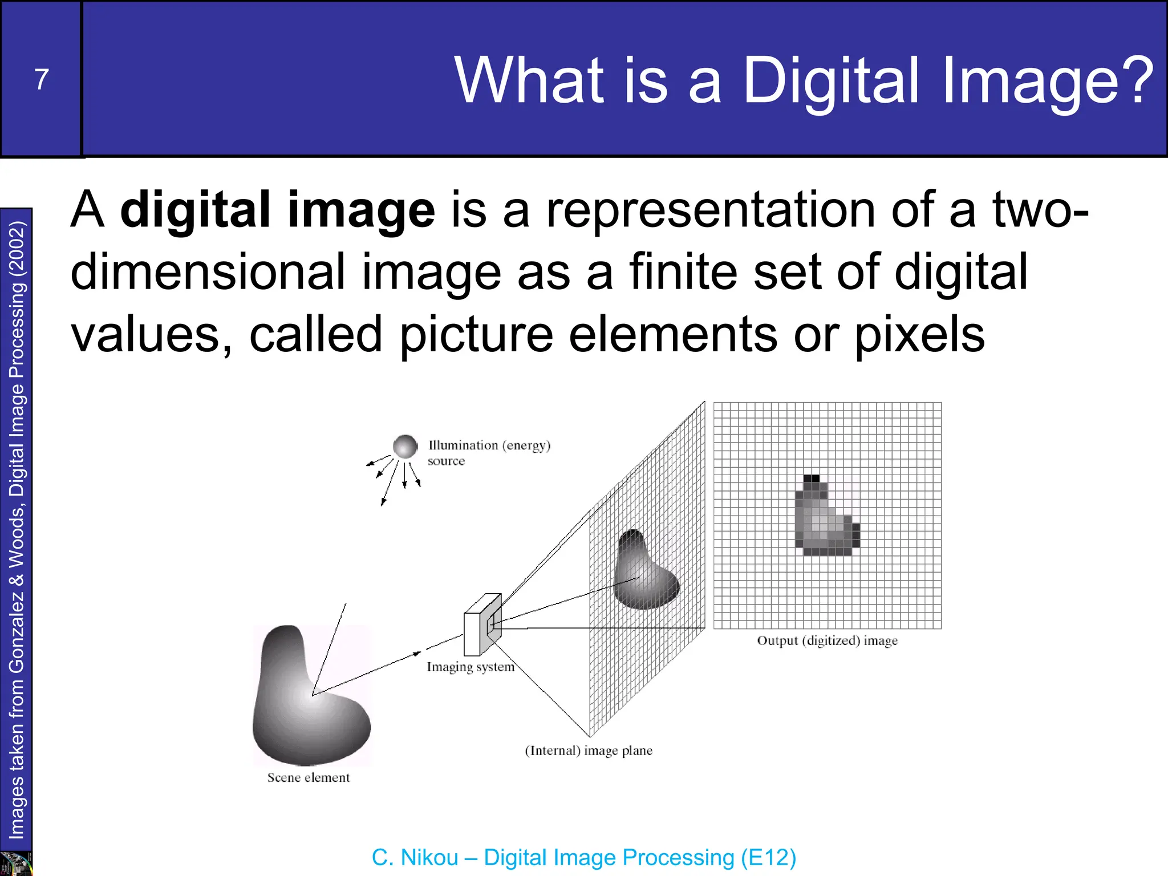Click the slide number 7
42,79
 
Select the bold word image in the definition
361,210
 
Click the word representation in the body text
710,210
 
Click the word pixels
919,336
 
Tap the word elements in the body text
673,335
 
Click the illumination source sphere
405,447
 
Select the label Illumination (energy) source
489,453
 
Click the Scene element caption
309,778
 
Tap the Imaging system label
471,667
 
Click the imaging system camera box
482,626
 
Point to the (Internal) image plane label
589,751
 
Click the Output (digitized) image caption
827,641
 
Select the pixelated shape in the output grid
824,519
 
